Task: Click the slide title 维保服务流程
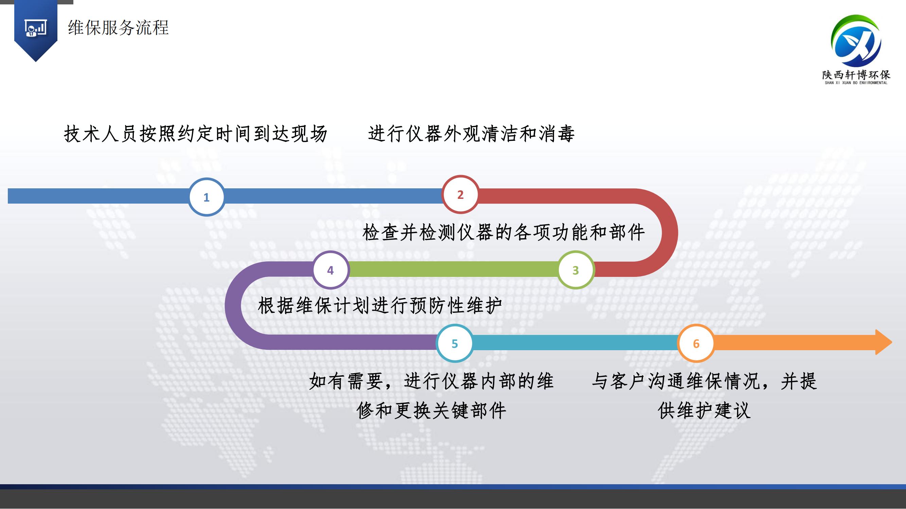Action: (x=119, y=27)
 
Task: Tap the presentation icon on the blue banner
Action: (x=36, y=28)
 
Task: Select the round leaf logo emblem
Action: (x=856, y=41)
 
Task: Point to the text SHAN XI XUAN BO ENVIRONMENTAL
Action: (x=856, y=83)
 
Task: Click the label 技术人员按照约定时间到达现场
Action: (x=196, y=134)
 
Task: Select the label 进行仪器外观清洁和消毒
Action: (x=471, y=134)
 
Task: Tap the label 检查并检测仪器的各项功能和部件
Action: (x=504, y=232)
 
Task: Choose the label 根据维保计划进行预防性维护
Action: (x=380, y=306)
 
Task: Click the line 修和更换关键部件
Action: (x=431, y=410)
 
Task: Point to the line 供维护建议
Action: (x=704, y=410)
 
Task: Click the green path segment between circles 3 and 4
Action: (x=453, y=269)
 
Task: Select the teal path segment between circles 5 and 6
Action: (x=575, y=342)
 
